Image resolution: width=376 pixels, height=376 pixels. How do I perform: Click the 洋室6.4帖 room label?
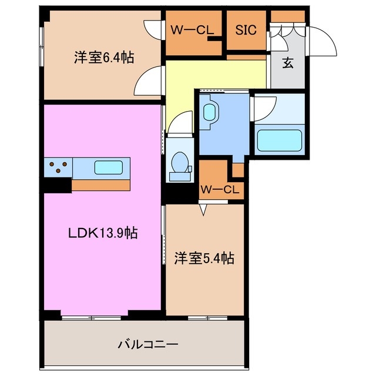coord(103,58)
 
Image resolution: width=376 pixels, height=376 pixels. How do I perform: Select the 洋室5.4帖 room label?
coord(205,258)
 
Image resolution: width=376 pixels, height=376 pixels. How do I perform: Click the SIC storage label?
coord(246,30)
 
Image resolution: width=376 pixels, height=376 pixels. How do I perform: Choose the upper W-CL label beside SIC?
coord(192,30)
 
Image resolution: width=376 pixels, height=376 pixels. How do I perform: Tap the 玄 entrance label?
coord(288,64)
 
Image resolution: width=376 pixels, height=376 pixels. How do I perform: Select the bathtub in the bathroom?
coord(280,140)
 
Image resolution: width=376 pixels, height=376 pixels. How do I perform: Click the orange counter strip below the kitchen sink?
coord(100,185)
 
